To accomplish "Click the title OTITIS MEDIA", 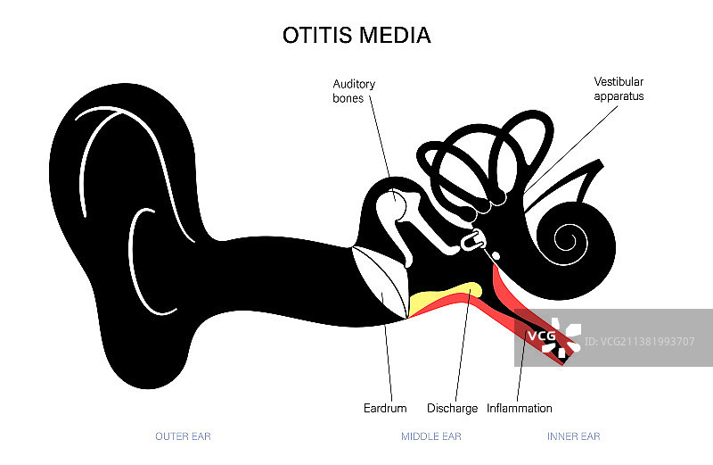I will click(356, 36).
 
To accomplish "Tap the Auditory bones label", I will click(354, 91).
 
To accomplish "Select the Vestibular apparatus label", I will click(619, 88).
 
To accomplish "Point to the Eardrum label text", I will click(385, 409).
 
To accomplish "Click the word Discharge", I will click(453, 409).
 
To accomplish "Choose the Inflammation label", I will click(520, 409).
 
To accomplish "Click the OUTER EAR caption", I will click(183, 436).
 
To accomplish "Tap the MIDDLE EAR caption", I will click(431, 436).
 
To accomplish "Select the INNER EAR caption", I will click(573, 436).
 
